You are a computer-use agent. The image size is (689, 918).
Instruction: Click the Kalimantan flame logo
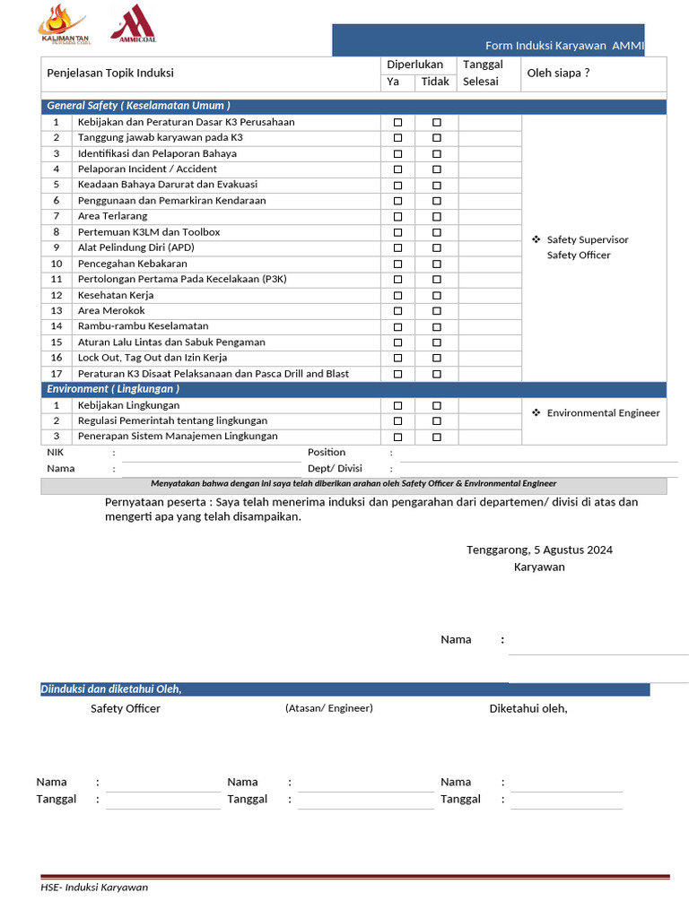click(65, 23)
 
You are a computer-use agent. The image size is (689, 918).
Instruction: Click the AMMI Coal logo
click(133, 23)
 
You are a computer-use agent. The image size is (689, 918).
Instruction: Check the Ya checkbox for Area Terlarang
click(397, 217)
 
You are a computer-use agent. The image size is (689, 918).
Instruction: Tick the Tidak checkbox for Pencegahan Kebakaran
click(437, 264)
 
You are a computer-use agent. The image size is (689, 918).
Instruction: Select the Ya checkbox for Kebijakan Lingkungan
click(397, 406)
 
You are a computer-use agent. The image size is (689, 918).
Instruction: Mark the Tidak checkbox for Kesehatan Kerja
click(437, 296)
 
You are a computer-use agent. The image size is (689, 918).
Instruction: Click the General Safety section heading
click(138, 106)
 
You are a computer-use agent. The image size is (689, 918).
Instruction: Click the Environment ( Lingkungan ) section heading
click(113, 389)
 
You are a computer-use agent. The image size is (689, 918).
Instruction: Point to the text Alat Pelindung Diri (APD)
click(135, 247)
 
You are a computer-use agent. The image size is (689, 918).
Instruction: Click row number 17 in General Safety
click(57, 374)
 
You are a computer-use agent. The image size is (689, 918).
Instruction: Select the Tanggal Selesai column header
click(483, 73)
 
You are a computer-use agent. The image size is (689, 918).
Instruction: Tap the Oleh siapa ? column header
click(558, 73)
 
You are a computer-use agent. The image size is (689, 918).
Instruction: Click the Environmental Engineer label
click(603, 413)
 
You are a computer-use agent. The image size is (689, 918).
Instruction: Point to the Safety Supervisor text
click(588, 240)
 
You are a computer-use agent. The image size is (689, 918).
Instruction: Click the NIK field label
click(56, 453)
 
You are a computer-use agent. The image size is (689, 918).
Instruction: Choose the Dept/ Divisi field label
click(335, 468)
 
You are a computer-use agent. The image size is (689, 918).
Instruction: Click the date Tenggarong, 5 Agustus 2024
click(539, 550)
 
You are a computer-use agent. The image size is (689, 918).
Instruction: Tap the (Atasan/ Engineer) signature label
click(328, 708)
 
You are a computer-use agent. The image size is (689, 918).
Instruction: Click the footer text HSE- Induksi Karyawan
click(94, 888)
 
